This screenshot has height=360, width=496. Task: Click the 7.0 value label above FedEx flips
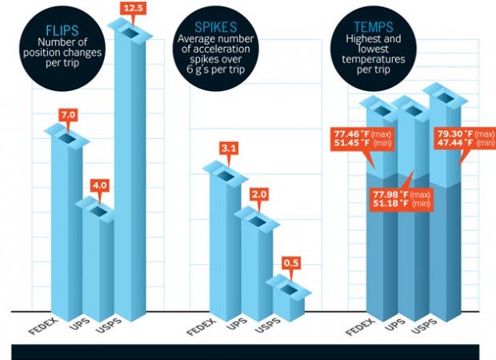(68, 116)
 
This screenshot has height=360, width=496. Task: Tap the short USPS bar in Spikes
(289, 297)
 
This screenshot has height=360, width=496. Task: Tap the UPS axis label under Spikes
(235, 326)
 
